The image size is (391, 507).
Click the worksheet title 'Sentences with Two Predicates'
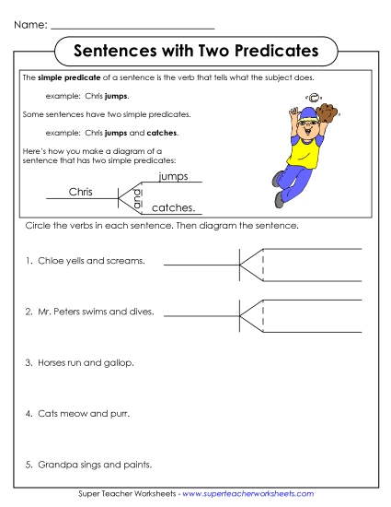click(195, 49)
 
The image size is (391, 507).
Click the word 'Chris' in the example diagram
click(82, 192)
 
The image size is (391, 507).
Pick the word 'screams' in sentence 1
click(124, 262)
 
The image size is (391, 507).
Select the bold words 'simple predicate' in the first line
click(64, 80)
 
